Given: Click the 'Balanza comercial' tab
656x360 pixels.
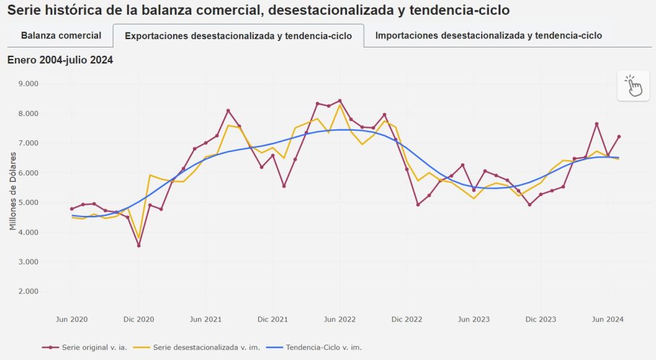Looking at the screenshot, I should point(61,35).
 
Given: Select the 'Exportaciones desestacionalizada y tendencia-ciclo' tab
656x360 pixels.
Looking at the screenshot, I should point(238,36).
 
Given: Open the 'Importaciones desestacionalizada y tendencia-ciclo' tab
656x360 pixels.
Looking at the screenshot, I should point(488,35).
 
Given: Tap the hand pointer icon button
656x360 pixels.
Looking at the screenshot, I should point(634,85).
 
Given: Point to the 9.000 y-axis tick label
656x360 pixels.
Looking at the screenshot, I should point(29,83).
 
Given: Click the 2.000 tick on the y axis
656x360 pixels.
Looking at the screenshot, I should point(29,291).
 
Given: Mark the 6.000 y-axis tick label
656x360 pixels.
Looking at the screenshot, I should point(29,173).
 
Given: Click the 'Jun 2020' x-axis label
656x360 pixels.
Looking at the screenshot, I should point(72,319).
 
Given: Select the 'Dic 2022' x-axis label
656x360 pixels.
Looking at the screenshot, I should point(407,319).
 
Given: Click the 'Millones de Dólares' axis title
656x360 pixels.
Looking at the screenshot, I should point(13,190).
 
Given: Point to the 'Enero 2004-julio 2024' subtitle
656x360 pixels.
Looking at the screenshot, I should point(60,60).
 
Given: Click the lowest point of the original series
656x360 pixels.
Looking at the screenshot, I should point(138,245).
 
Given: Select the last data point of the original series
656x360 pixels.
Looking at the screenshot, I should point(619,136).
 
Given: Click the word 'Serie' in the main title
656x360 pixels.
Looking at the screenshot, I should point(24,10).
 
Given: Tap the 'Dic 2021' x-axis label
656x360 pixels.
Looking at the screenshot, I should point(273,319).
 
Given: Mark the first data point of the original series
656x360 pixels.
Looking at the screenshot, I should point(72,209).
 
